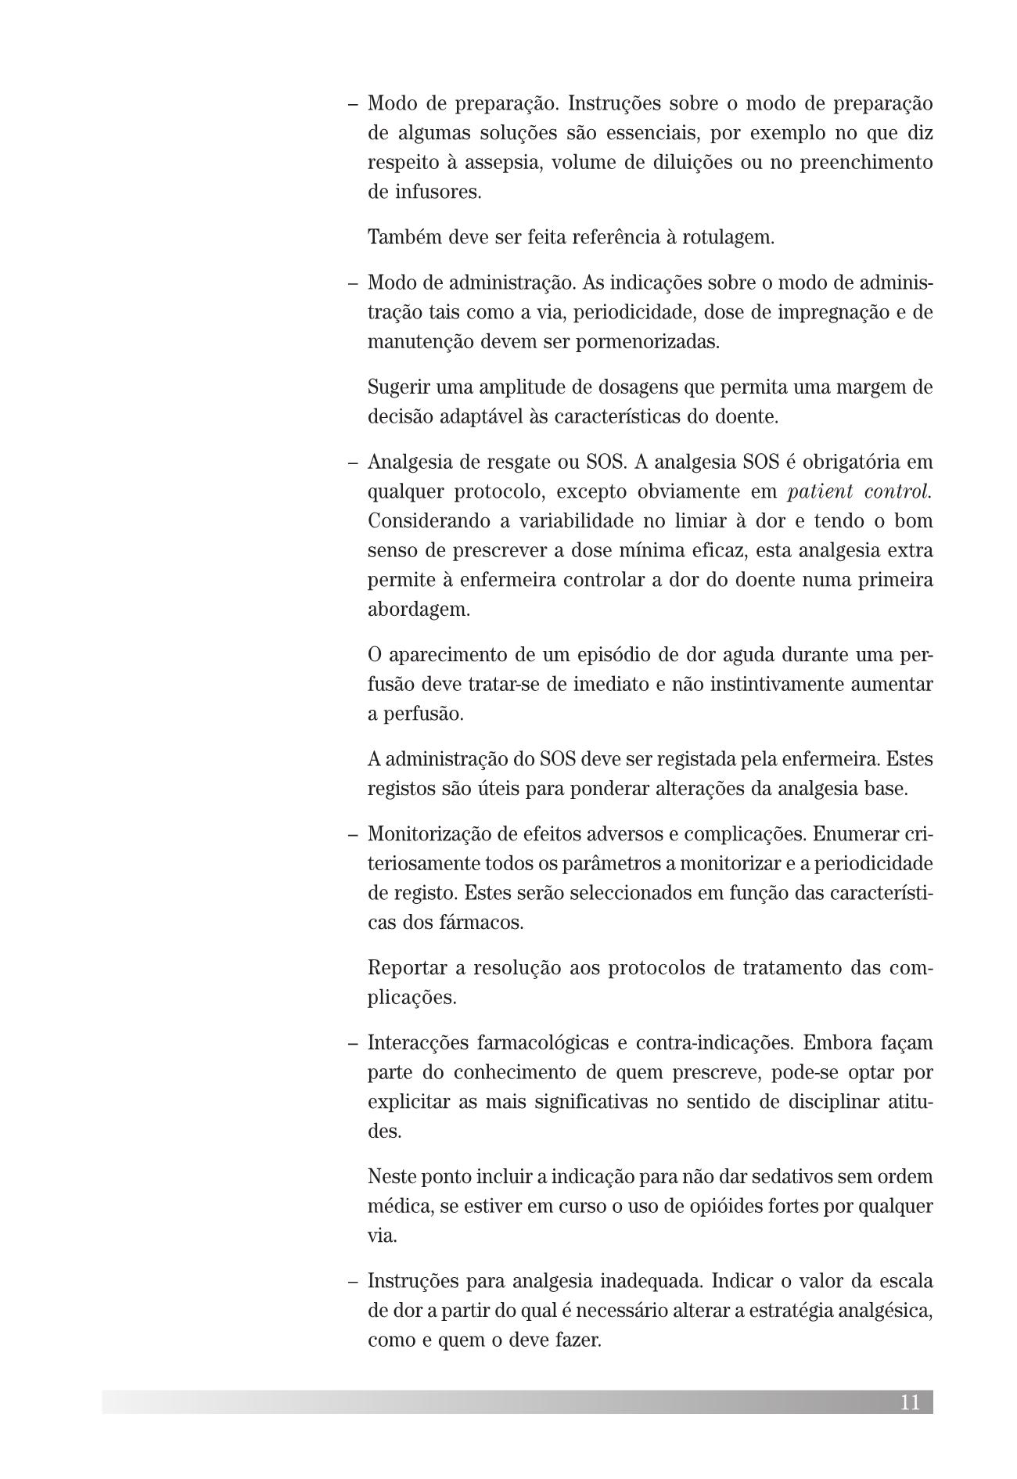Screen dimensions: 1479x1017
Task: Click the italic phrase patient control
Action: (860, 491)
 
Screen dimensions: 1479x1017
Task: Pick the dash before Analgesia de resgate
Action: (354, 462)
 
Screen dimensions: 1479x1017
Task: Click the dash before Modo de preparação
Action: (354, 104)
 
